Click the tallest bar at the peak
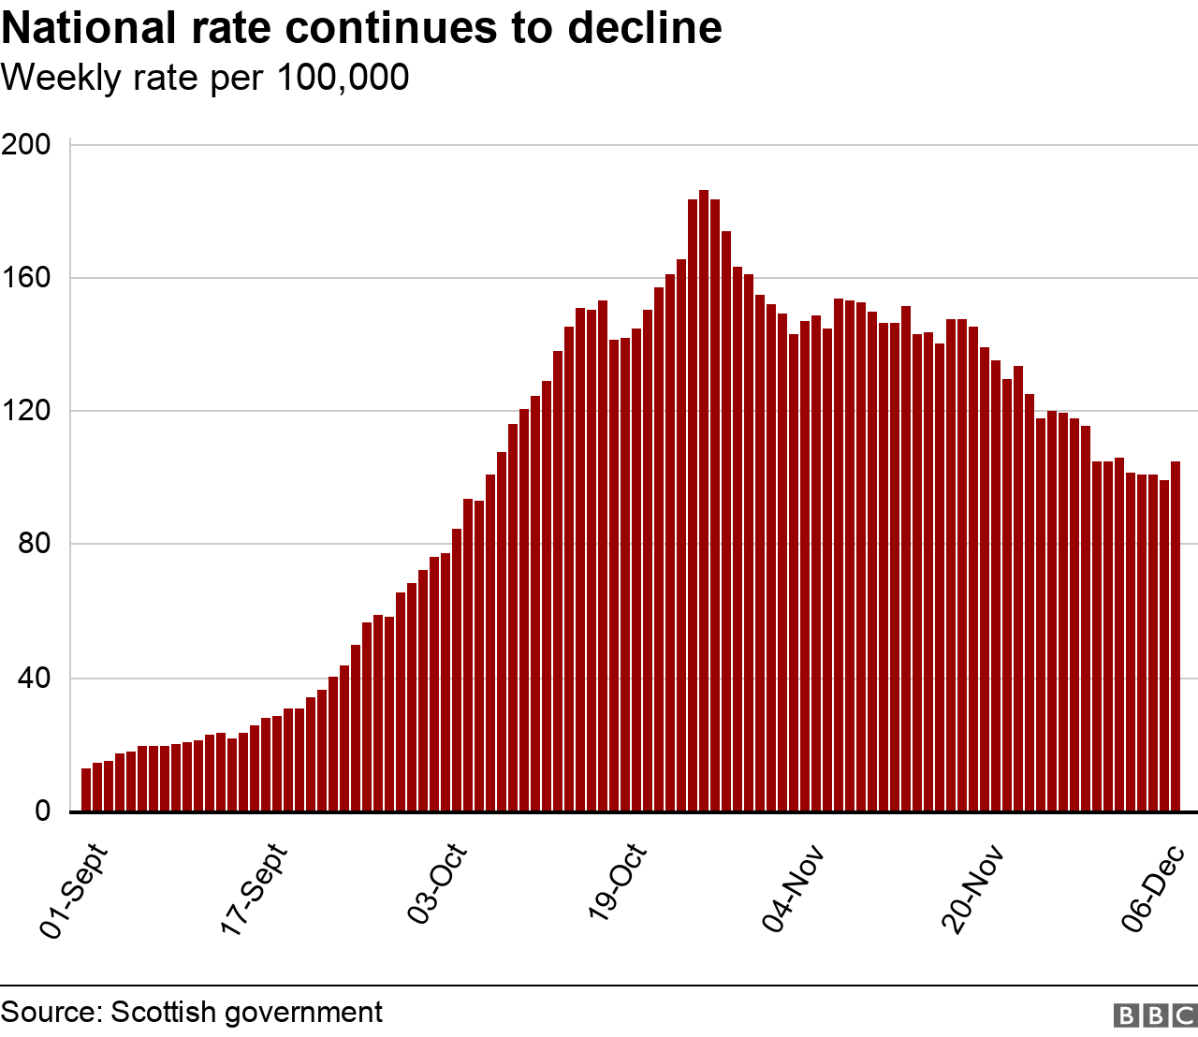point(704,501)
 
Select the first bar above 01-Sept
point(86,790)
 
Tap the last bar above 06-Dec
point(1176,636)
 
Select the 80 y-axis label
point(35,544)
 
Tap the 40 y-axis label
point(35,678)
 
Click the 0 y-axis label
point(43,811)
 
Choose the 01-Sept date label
point(75,890)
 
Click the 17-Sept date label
point(255,890)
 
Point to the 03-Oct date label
point(437,885)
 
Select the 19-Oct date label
point(618,885)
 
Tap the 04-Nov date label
point(794,888)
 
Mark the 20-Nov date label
point(973,888)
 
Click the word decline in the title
point(645,27)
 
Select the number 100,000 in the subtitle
point(343,78)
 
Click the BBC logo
point(1155,1015)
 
